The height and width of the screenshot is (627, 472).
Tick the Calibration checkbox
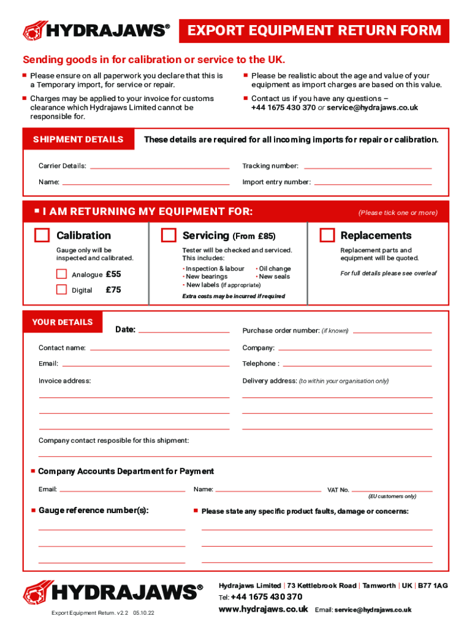tap(42, 236)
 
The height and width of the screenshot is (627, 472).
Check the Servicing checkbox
tap(168, 236)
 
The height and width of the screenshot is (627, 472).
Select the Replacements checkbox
tap(327, 236)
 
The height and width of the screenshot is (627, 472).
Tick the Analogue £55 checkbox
tap(61, 274)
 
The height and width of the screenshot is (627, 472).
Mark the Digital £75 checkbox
tap(61, 290)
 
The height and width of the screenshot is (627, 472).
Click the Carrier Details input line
tap(159, 166)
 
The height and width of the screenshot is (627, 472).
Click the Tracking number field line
tap(367, 166)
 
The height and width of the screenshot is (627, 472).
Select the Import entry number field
tap(373, 182)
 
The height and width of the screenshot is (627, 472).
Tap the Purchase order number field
tap(392, 331)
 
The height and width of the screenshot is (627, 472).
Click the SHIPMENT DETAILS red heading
tap(78, 140)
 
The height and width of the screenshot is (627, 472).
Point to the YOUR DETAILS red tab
tap(63, 322)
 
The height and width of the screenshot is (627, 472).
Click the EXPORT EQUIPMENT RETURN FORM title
tap(314, 31)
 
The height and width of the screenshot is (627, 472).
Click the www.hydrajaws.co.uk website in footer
tap(264, 609)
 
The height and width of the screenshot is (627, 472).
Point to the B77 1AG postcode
tap(433, 585)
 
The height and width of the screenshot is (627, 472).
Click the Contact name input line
tap(159, 348)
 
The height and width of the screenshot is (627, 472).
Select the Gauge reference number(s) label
tap(93, 511)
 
